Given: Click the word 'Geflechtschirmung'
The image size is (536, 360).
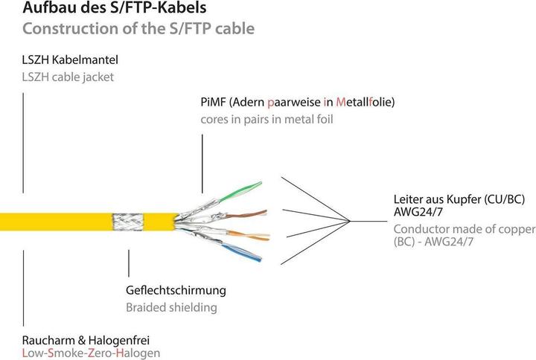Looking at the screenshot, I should [175, 290].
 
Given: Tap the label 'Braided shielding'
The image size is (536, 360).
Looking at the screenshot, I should [171, 306].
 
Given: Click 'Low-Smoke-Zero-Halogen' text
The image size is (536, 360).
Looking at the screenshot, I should [92, 353].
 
